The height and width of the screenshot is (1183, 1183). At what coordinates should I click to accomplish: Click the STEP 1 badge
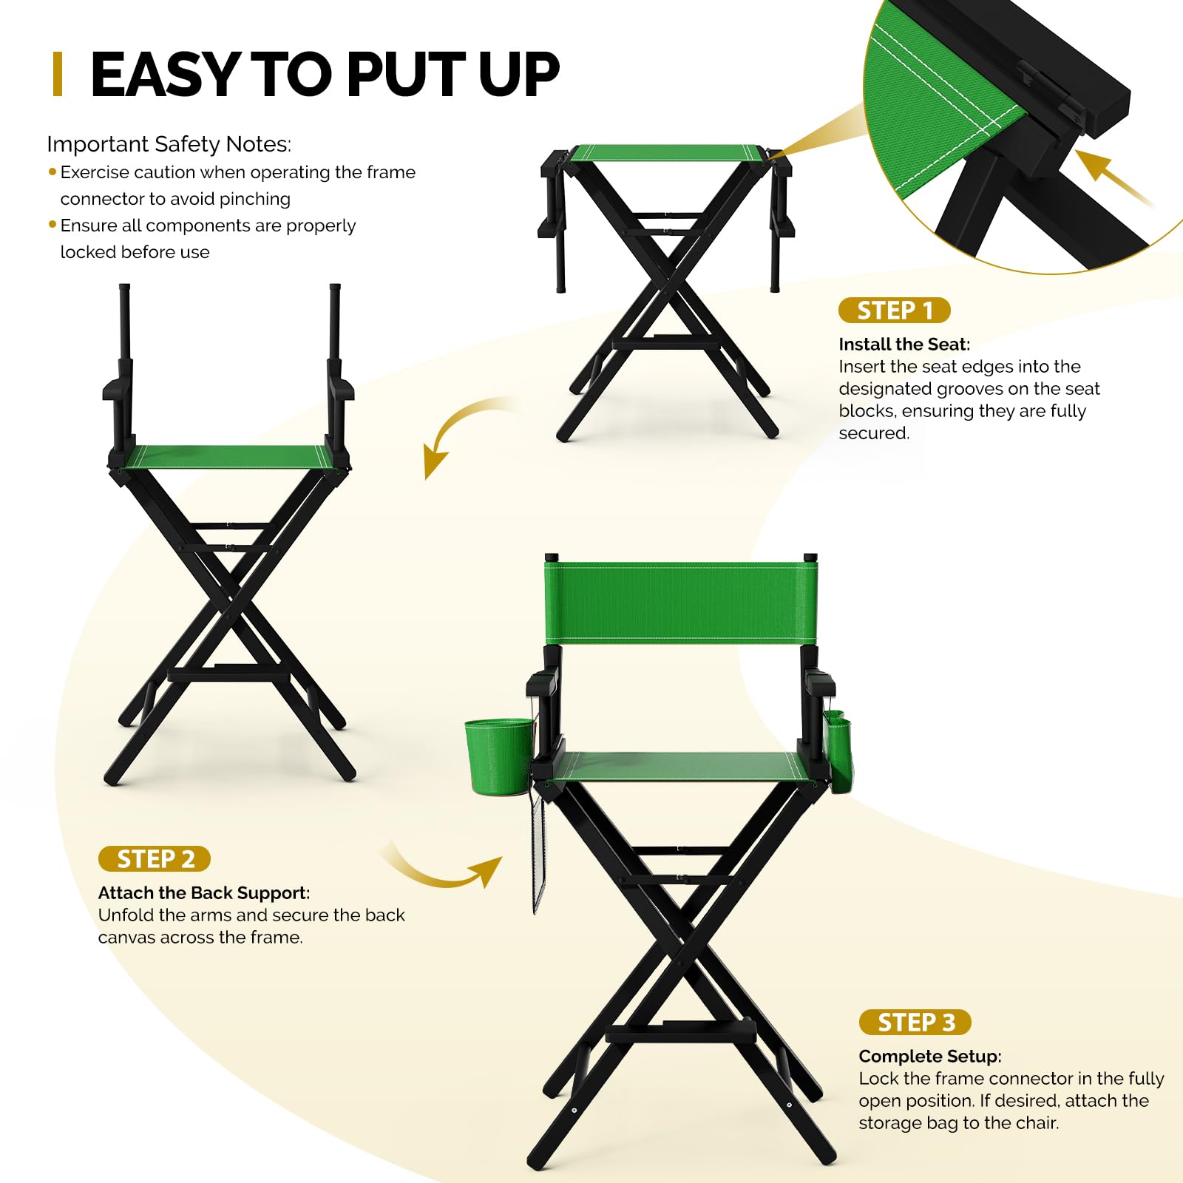(894, 311)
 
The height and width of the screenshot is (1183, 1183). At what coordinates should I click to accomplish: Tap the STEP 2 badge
(155, 859)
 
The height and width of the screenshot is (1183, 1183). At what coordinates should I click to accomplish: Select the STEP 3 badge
(915, 1023)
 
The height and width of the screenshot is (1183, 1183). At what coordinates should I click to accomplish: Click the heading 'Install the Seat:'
(904, 345)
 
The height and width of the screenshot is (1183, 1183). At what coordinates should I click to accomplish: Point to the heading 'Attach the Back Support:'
(204, 893)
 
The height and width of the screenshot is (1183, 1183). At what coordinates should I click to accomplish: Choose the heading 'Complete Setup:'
(930, 1057)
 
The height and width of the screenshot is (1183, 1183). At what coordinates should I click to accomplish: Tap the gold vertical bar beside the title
(58, 74)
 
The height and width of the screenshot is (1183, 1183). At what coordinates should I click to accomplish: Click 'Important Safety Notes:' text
(169, 144)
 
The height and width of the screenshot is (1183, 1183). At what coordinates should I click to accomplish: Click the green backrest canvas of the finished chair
(681, 603)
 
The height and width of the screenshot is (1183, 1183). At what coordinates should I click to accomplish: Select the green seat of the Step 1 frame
(669, 153)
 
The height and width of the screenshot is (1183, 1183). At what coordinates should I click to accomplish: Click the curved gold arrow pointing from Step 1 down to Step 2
(462, 429)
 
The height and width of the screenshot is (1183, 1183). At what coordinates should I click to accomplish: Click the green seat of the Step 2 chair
(228, 457)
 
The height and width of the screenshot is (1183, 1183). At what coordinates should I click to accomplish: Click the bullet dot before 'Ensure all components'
(52, 224)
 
